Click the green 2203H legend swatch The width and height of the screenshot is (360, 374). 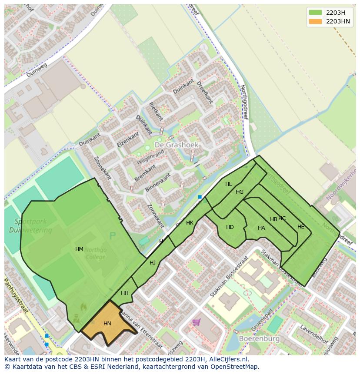[x=316, y=12]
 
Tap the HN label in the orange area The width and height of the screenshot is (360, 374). [x=107, y=324]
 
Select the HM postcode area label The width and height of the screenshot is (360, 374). [x=79, y=249]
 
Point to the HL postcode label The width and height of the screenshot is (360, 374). [x=229, y=184]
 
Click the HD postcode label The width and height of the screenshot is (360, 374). [x=230, y=227]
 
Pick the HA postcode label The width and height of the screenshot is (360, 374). [x=261, y=228]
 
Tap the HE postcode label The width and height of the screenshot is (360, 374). [x=301, y=227]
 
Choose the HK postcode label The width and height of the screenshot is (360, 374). [x=190, y=223]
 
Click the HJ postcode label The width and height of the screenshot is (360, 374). [x=153, y=263]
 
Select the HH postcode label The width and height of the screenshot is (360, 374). [x=125, y=293]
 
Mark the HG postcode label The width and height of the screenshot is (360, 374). [x=240, y=192]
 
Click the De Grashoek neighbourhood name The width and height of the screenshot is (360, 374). [x=177, y=145]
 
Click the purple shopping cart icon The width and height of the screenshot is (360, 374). [x=197, y=322]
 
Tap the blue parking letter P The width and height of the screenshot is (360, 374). [x=113, y=236]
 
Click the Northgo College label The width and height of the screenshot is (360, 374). [x=95, y=253]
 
